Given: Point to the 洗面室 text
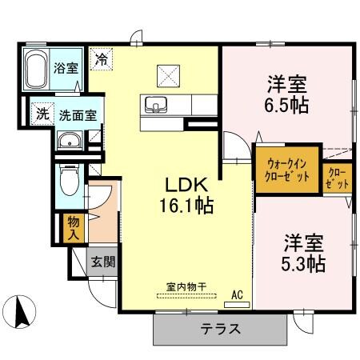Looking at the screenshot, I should pyautogui.click(x=78, y=114).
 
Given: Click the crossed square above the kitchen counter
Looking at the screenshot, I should pyautogui.click(x=168, y=74).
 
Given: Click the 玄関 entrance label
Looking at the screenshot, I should pyautogui.click(x=101, y=262).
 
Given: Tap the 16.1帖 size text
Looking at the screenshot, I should pyautogui.click(x=185, y=205).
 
